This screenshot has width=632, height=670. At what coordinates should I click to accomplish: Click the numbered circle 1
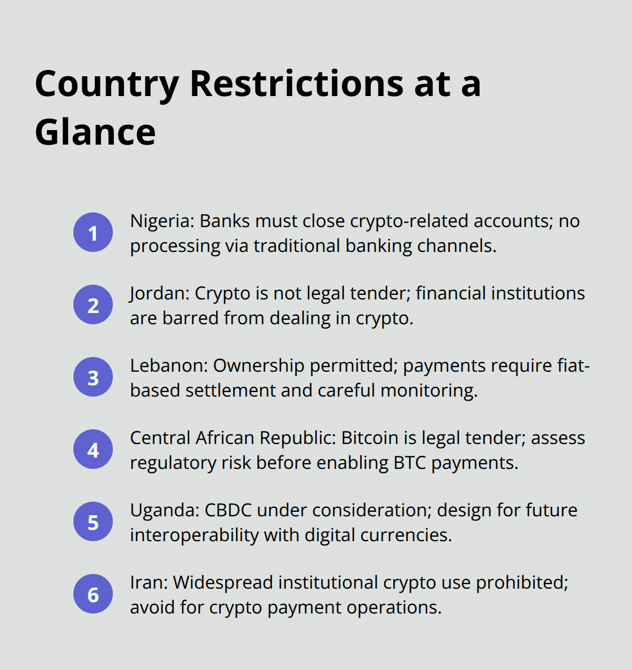[93, 233]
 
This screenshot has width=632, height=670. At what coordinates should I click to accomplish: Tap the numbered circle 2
[93, 305]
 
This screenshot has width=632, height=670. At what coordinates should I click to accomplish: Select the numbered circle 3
[93, 377]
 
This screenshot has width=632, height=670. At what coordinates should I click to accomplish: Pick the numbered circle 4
[93, 450]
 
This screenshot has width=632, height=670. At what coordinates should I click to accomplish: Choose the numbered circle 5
[93, 522]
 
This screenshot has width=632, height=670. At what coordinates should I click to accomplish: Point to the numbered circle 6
[93, 594]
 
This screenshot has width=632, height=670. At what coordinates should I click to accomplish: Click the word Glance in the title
[95, 132]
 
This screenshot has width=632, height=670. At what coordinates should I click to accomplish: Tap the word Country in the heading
[107, 85]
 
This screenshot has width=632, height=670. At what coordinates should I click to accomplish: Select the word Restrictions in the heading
[297, 84]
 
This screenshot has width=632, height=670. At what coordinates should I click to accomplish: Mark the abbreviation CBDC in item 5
[228, 510]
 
